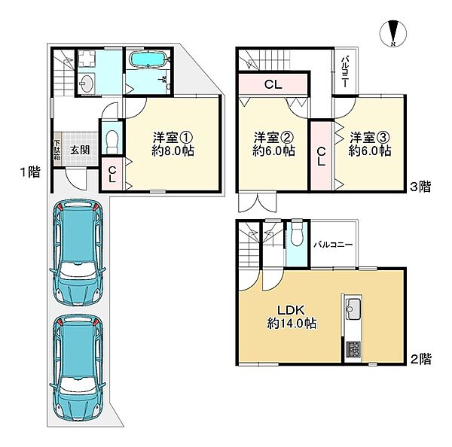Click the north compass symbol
point(393,33)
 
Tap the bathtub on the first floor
point(148,59)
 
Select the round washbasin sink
point(86,83)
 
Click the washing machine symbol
point(86,59)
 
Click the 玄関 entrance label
point(80,150)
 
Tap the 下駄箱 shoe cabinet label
point(57,151)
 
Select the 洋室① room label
point(173,138)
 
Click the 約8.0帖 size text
point(173,151)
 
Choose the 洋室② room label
point(273,138)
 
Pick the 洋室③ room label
point(370,138)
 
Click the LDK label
point(291,310)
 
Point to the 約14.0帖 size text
point(292,324)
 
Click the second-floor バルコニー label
point(333,245)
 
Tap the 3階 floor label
point(420,187)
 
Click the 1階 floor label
point(30,172)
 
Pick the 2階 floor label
point(421,359)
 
